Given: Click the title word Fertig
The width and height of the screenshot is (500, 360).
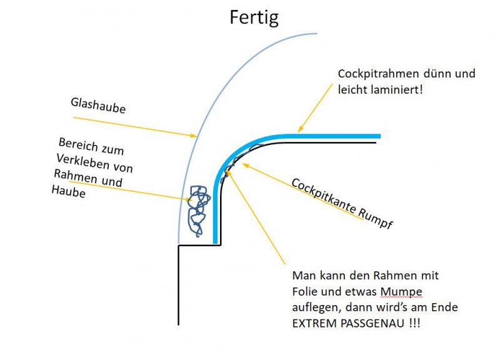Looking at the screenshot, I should tap(254, 17).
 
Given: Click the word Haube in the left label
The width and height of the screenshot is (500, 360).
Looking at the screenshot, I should tap(68, 192).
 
